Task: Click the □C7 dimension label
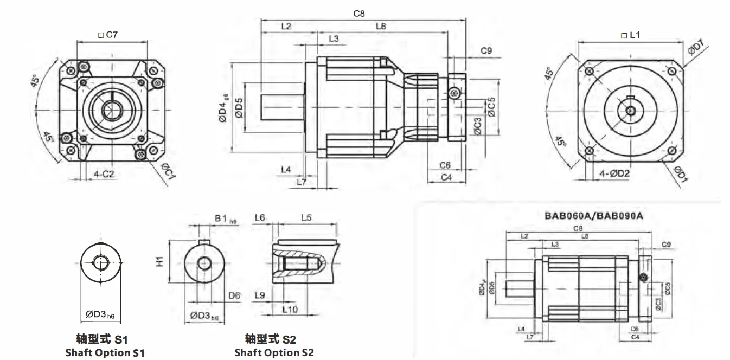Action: click(x=108, y=35)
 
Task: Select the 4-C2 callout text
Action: click(x=104, y=174)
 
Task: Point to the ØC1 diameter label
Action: click(x=169, y=172)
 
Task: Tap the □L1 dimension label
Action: click(x=630, y=35)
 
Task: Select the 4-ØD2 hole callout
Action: click(x=614, y=174)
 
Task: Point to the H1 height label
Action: click(x=160, y=261)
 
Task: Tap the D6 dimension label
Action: click(x=234, y=295)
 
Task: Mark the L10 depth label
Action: click(x=290, y=310)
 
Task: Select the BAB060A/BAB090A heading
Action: click(x=593, y=215)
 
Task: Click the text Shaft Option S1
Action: click(x=105, y=352)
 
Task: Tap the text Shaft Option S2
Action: click(x=274, y=352)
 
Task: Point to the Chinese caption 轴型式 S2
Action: click(x=271, y=339)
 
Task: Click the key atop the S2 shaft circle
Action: click(x=204, y=242)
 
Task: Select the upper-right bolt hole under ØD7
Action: click(x=672, y=72)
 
